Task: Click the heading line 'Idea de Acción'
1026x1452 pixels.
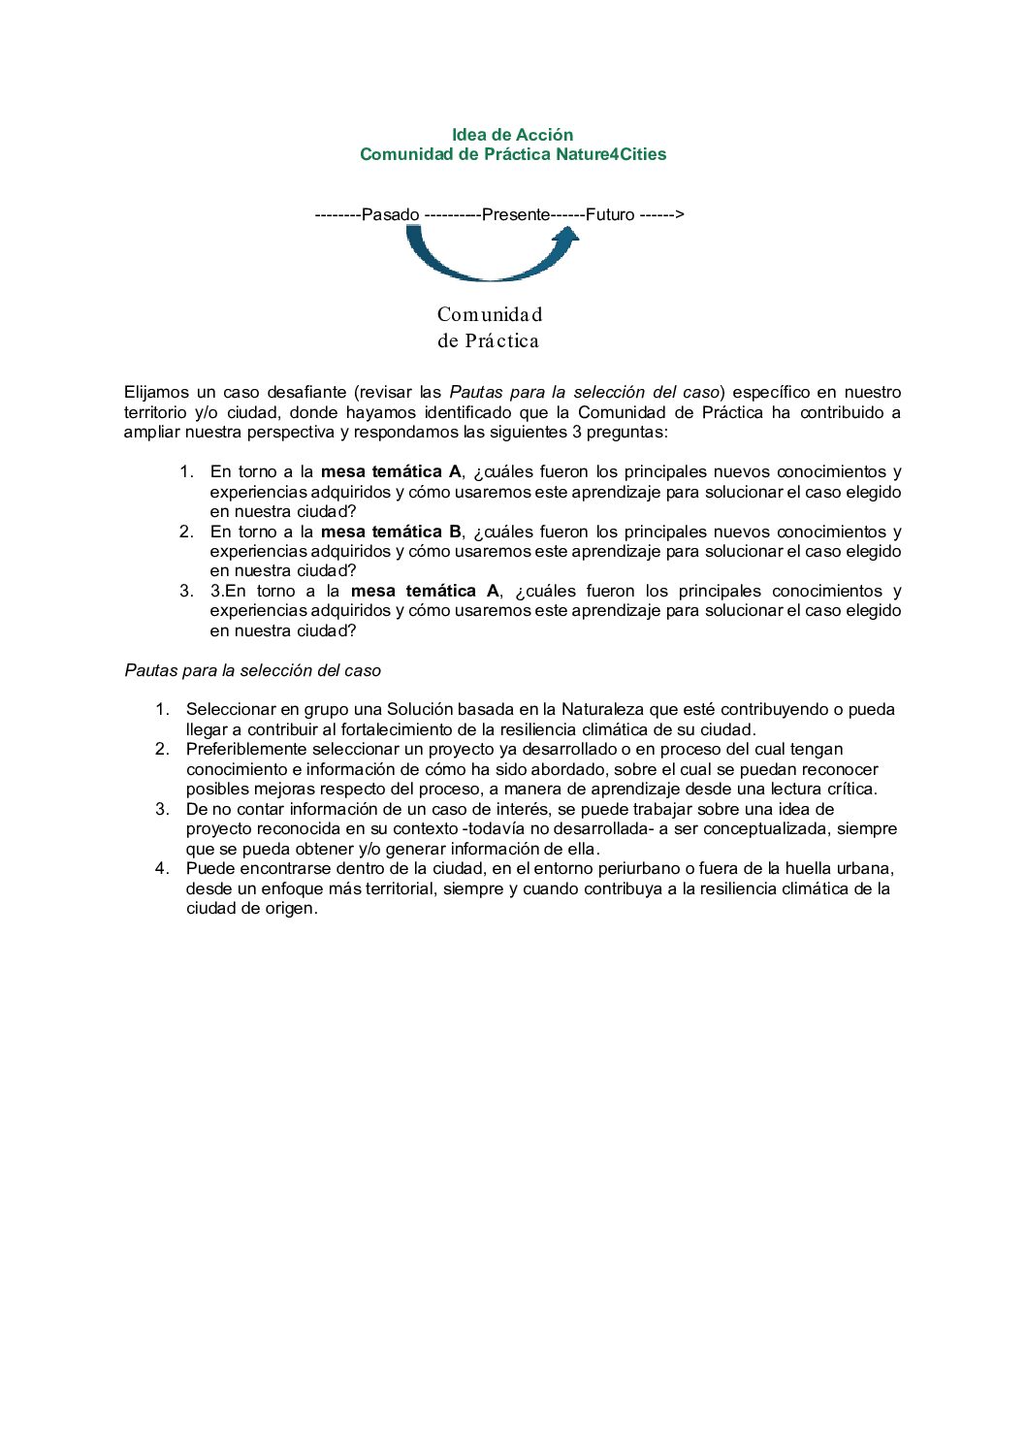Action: tap(512, 135)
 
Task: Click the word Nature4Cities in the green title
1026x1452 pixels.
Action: tap(611, 154)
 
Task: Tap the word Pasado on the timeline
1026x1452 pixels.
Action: tap(390, 214)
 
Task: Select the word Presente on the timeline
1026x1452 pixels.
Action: tap(516, 214)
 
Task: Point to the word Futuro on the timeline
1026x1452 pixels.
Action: tap(610, 214)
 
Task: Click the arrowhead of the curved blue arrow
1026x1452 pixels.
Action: tap(565, 239)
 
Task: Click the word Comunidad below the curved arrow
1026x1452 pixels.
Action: tap(490, 314)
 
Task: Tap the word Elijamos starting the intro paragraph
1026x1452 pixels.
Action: tap(156, 392)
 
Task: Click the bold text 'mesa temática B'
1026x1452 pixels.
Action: tap(391, 532)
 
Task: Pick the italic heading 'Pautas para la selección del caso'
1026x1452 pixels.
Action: tap(252, 670)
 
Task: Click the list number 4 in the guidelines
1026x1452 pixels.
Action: tap(161, 868)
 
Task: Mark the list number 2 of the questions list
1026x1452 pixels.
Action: tap(185, 532)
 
